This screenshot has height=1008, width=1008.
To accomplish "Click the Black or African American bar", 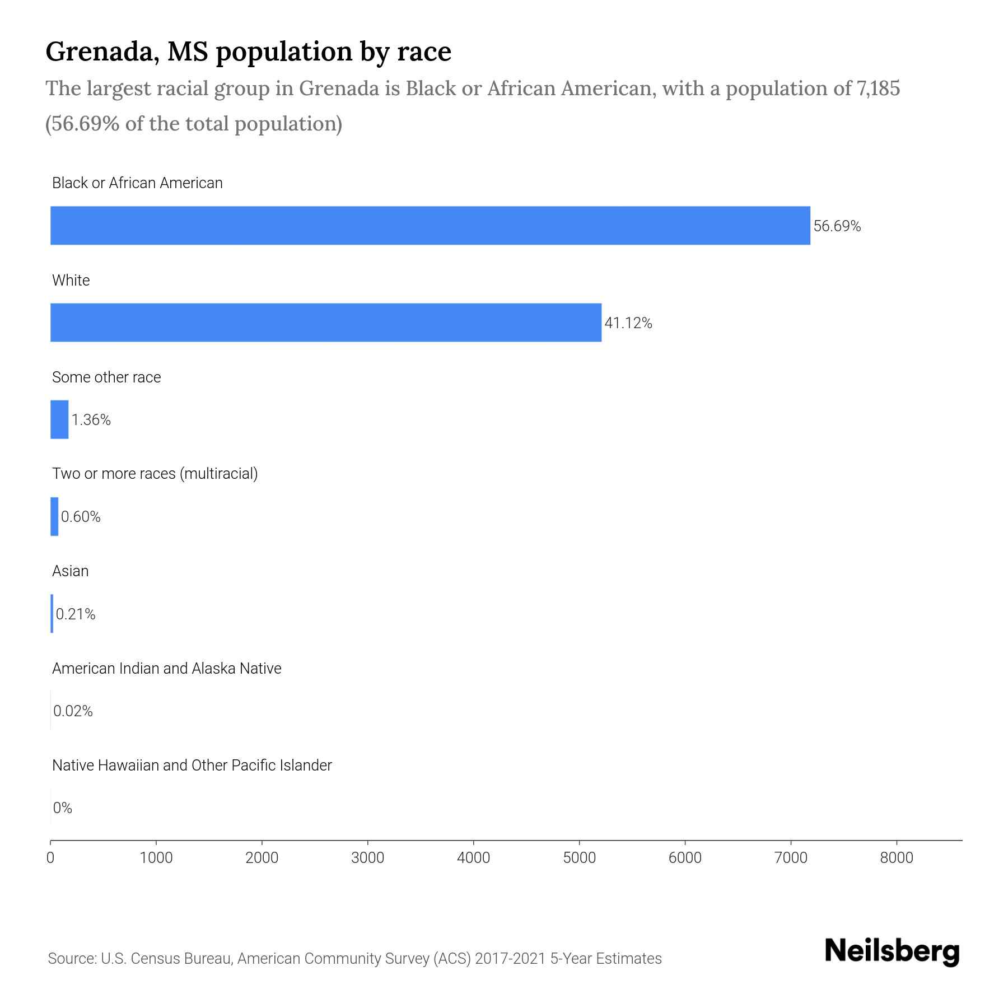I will pos(430,226).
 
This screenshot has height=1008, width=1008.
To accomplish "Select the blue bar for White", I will pos(326,323).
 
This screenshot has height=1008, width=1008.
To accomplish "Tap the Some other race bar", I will pos(59,419).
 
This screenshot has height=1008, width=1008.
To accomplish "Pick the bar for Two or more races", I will pos(54,516).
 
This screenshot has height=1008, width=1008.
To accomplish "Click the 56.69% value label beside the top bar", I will pos(837,226).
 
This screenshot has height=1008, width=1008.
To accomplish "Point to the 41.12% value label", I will pos(628,323).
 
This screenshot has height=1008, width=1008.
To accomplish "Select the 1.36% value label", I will pos(91,420).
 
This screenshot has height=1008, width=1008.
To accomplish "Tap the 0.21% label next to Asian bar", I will pos(76,614).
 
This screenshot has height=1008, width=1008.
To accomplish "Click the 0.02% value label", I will pos(73,711).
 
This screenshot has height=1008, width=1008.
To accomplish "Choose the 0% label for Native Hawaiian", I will pos(63,808).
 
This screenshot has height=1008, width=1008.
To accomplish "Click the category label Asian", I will pos(71,571).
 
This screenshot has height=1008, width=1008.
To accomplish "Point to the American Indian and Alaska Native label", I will pos(166,669).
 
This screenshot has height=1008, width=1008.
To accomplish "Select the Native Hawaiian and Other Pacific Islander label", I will pos(192,766).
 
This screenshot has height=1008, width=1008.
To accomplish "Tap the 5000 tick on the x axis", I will pos(579,858).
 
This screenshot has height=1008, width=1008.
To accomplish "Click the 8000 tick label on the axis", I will pos(896,858).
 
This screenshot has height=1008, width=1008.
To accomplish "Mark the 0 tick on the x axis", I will pos(50,858).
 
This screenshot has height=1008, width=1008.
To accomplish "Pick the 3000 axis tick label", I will pos(367,858).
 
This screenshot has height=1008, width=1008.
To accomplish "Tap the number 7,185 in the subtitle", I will pos(878,89).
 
